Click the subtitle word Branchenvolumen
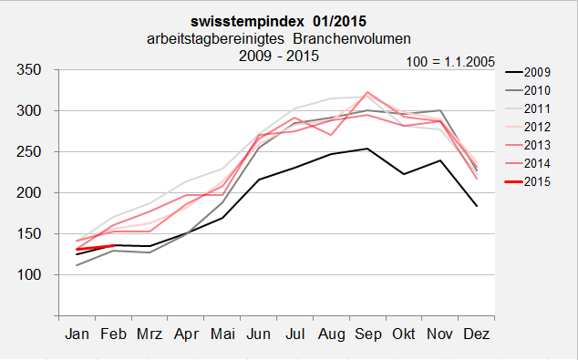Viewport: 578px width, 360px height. click(x=354, y=38)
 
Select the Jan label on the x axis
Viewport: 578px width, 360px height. click(x=77, y=335)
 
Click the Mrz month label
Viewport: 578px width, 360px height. click(x=150, y=335)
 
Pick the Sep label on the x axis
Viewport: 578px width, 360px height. click(x=367, y=335)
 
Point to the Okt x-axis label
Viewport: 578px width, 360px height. click(x=403, y=335)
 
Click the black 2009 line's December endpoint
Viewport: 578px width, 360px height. click(x=475, y=207)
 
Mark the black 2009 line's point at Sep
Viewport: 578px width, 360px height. click(x=367, y=149)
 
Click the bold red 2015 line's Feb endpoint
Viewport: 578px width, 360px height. click(x=113, y=245)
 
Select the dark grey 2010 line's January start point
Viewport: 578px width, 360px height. click(x=77, y=265)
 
